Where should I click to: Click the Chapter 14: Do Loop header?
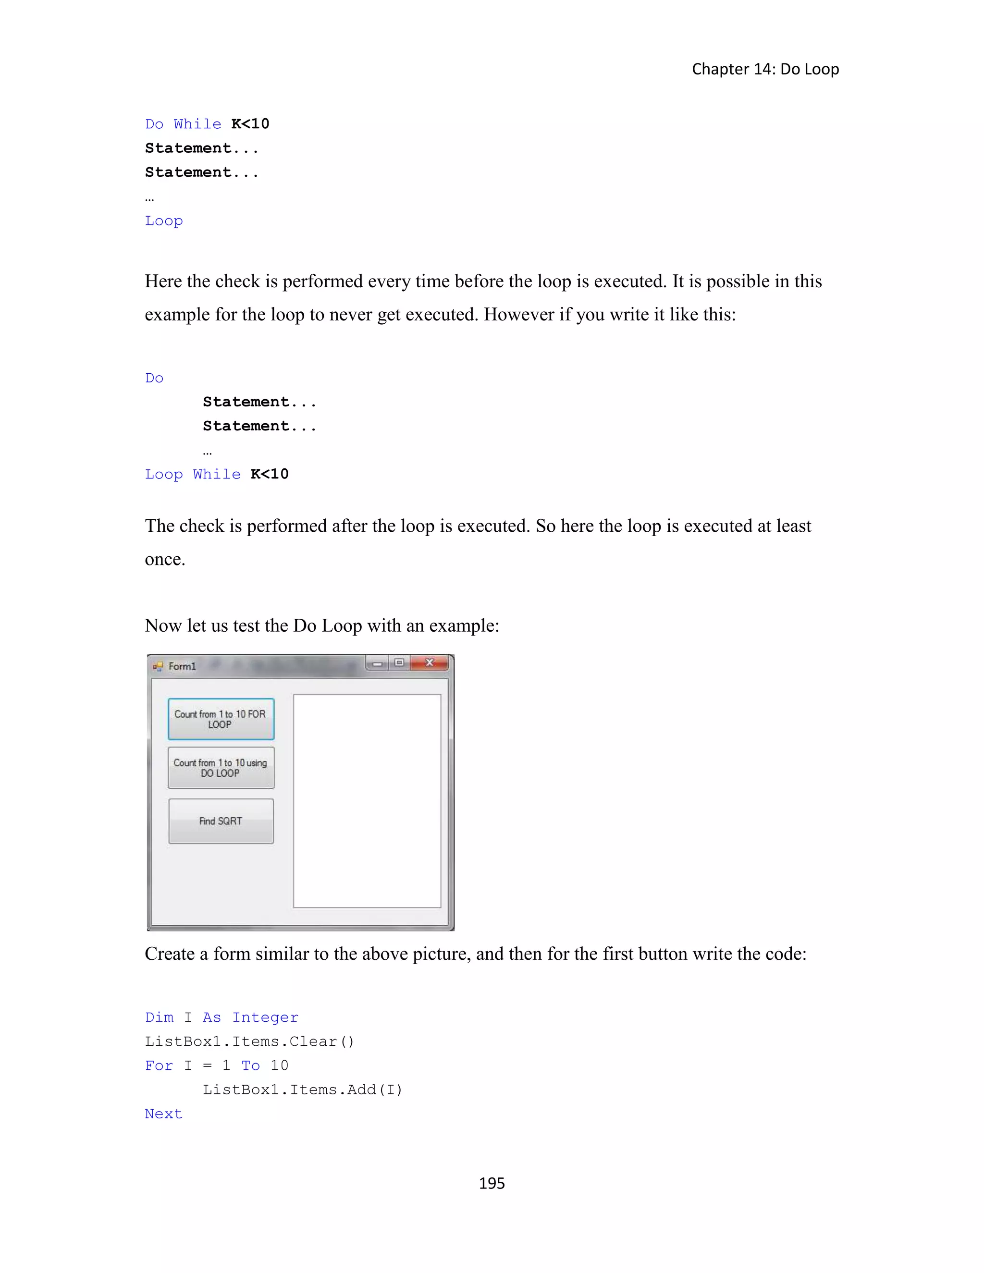pos(765,69)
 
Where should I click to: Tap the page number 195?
pos(492,1183)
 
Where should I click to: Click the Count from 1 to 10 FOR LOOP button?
pos(221,719)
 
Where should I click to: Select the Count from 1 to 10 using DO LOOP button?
pos(221,768)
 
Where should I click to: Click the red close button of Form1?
pos(430,663)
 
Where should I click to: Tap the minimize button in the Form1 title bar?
pos(377,663)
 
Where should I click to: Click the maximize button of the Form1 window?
pos(399,663)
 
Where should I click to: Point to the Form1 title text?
pos(182,666)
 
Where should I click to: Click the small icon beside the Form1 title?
pos(158,666)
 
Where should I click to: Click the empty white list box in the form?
pos(367,800)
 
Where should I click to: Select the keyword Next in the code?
pos(163,1114)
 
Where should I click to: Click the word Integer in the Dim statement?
pos(265,1018)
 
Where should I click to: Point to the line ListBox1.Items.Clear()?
pos(249,1041)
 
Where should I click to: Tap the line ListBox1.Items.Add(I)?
pos(303,1090)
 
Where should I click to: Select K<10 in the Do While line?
pos(250,124)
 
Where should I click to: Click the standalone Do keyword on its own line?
pos(154,378)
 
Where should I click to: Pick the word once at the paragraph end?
pos(164,559)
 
